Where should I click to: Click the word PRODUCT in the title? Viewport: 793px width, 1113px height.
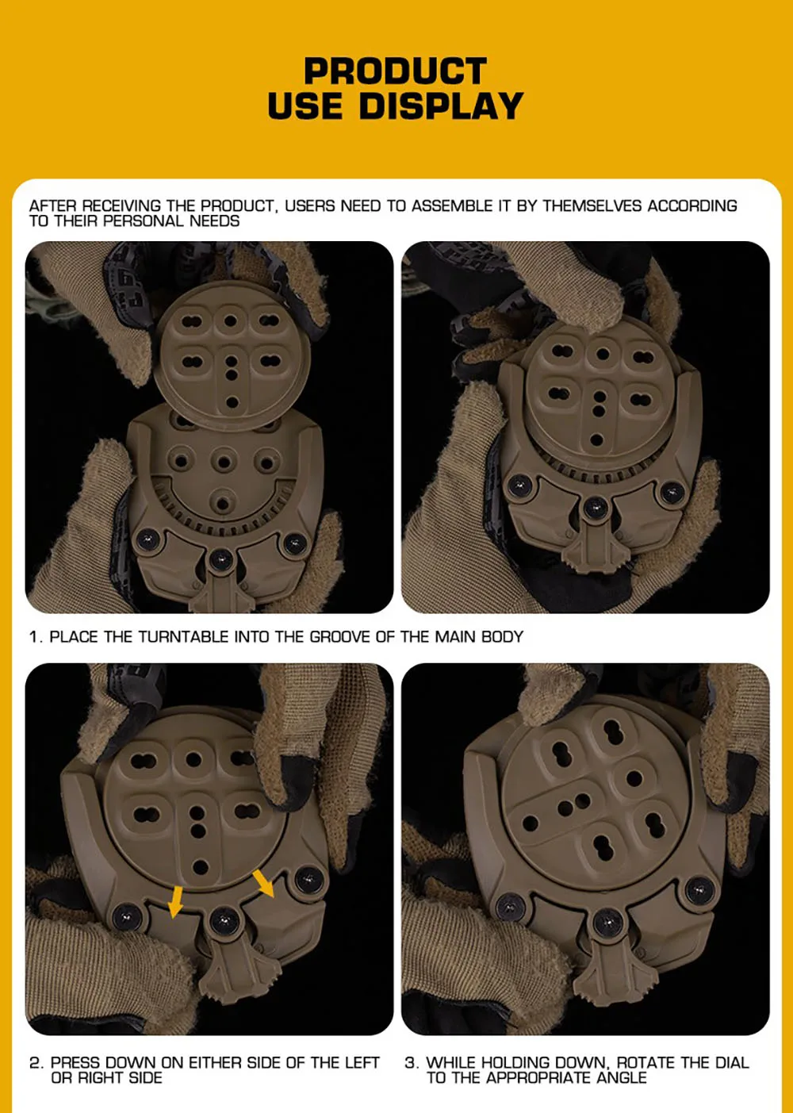click(x=395, y=71)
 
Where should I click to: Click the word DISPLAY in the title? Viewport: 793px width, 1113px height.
click(x=441, y=106)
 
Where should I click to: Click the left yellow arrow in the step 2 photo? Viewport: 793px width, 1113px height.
click(x=175, y=901)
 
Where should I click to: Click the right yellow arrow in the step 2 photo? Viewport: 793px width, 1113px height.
click(x=263, y=883)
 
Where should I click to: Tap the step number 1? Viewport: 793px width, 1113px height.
click(x=35, y=636)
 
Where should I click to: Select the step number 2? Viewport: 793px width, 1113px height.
click(x=36, y=1062)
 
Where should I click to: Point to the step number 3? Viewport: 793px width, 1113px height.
click(x=411, y=1062)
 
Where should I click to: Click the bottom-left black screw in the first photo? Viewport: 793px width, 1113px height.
click(x=148, y=539)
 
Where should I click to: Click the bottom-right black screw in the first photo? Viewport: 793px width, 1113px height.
click(x=295, y=543)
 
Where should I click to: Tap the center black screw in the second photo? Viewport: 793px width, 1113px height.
click(x=595, y=507)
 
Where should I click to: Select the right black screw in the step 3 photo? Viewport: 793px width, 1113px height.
click(x=700, y=890)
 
